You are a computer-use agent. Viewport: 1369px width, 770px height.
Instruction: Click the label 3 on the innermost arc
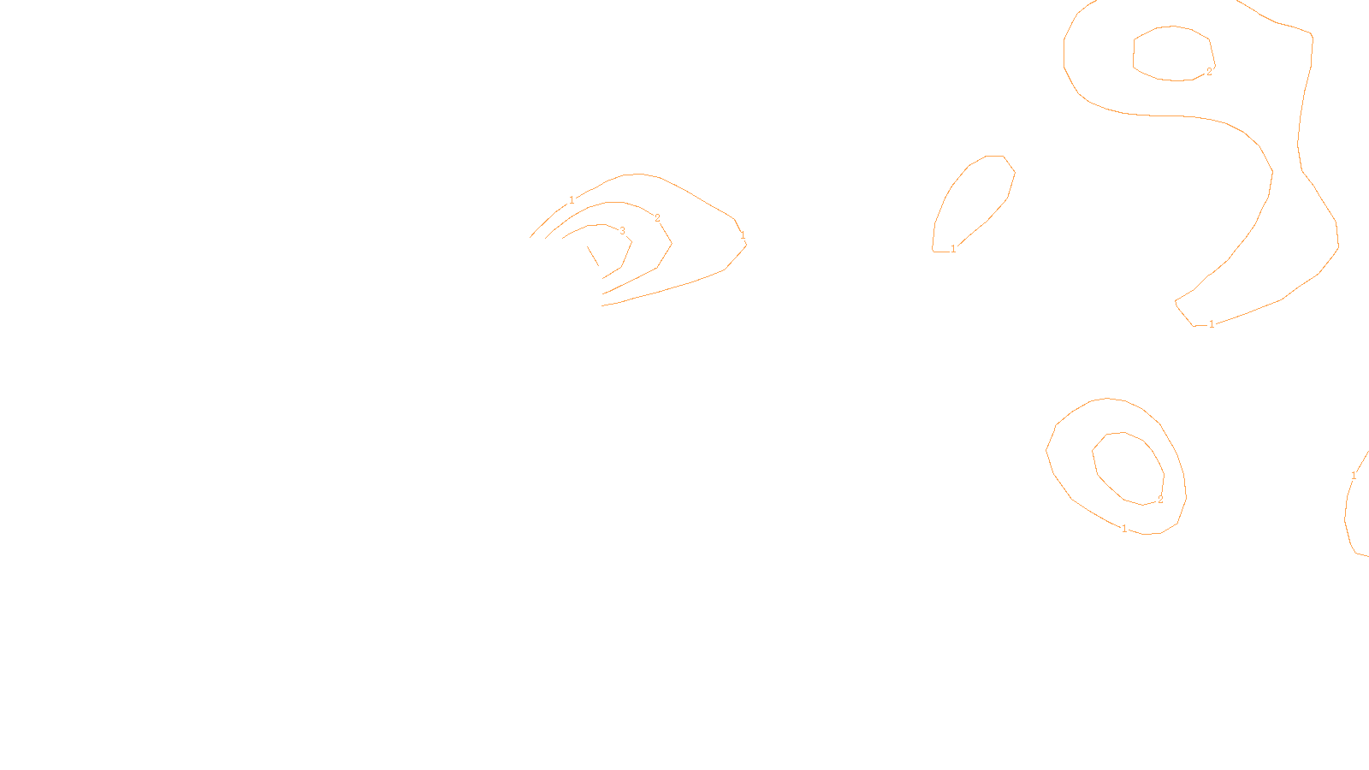622,231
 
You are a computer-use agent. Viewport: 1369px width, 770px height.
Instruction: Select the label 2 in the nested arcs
657,218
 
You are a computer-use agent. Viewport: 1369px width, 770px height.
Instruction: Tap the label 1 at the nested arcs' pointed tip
743,235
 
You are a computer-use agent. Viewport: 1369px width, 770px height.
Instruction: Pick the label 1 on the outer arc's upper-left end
572,200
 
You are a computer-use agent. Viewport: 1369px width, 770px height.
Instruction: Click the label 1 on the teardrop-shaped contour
953,249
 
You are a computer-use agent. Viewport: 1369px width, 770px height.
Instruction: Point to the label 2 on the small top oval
1209,72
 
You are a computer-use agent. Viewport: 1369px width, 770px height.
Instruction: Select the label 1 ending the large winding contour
1212,324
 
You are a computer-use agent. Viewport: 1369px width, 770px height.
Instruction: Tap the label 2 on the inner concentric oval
1160,500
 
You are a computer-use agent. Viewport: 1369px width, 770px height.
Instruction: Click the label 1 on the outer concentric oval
1124,529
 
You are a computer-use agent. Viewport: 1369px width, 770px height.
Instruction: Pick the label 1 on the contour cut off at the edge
1354,476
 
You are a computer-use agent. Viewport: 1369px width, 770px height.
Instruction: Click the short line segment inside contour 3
593,256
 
